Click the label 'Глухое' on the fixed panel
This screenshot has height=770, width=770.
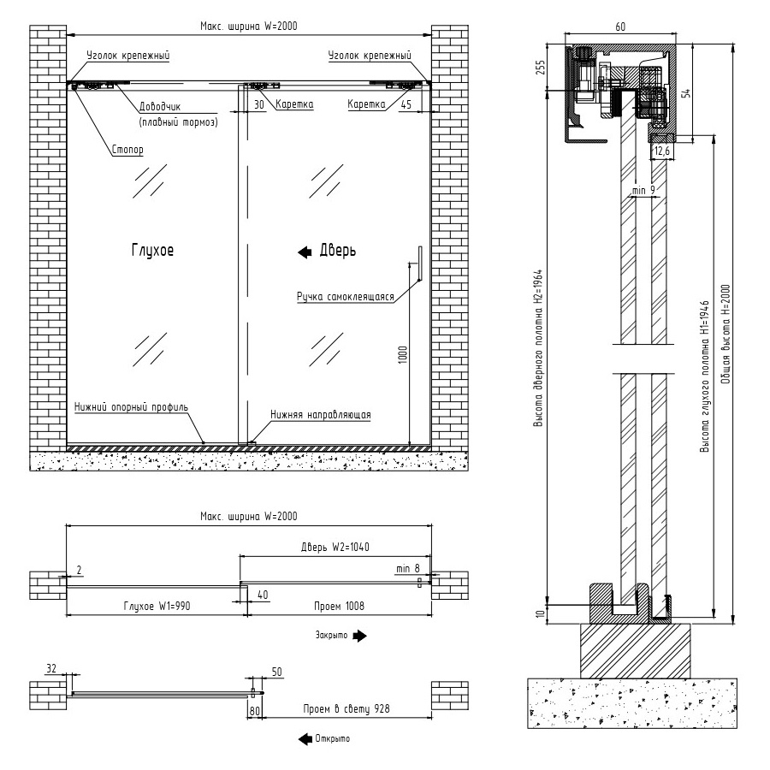[153, 252]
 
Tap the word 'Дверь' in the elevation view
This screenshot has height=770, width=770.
[337, 252]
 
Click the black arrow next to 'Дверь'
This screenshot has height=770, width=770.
[305, 252]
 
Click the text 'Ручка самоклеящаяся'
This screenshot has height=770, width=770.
[345, 298]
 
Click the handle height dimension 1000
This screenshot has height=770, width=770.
[402, 354]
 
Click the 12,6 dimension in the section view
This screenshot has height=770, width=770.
[661, 151]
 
